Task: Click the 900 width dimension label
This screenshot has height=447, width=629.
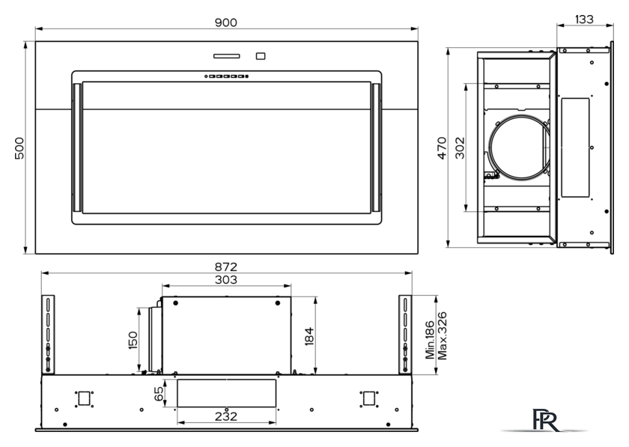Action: pyautogui.click(x=226, y=22)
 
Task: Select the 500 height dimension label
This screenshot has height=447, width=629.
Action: pyautogui.click(x=19, y=148)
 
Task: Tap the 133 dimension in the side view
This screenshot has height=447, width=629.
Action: pyautogui.click(x=584, y=19)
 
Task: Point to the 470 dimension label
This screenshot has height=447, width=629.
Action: pyautogui.click(x=442, y=148)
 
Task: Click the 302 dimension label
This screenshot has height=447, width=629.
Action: pyautogui.click(x=460, y=148)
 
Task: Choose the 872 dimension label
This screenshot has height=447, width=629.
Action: pyautogui.click(x=226, y=267)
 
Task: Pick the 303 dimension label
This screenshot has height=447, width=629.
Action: pyautogui.click(x=226, y=280)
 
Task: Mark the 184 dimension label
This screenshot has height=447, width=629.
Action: pyautogui.click(x=309, y=336)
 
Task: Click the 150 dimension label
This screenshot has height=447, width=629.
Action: pyautogui.click(x=133, y=340)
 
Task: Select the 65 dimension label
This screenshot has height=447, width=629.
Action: pyautogui.click(x=159, y=394)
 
